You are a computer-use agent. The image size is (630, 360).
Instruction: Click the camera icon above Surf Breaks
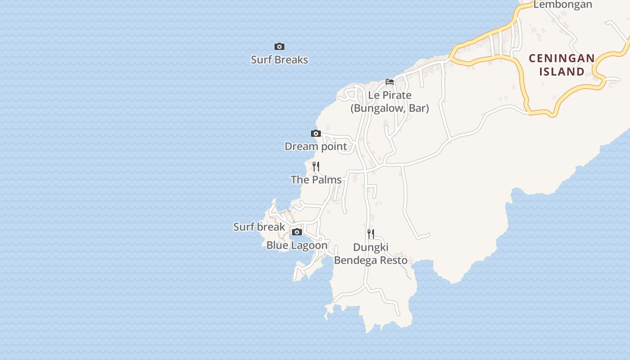tap(279, 46)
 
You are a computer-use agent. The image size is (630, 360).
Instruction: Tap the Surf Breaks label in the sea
tap(279, 60)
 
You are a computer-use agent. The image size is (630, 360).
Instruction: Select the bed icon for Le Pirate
tap(390, 82)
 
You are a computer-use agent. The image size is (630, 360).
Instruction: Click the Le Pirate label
tap(390, 95)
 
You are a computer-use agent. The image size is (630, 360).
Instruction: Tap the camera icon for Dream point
tap(316, 133)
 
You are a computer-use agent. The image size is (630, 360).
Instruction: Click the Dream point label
tap(316, 146)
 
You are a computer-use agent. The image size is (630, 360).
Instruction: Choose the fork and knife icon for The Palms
tap(316, 166)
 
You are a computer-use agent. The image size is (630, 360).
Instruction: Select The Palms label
tap(316, 180)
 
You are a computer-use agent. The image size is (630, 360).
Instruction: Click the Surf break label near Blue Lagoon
tap(259, 227)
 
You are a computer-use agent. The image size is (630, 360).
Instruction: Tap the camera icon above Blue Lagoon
tap(297, 232)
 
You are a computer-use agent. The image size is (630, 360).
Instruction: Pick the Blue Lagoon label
tap(297, 245)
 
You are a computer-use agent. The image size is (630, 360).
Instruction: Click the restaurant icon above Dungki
tap(371, 234)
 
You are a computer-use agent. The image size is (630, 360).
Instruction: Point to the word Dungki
tap(371, 247)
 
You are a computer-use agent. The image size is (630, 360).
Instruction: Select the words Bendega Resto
tap(371, 260)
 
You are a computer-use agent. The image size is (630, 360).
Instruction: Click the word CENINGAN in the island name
tap(562, 58)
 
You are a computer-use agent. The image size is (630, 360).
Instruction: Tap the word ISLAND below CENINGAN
tap(562, 72)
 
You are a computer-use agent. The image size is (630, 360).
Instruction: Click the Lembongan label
tap(562, 5)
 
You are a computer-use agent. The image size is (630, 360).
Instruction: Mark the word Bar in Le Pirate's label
tap(418, 108)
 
